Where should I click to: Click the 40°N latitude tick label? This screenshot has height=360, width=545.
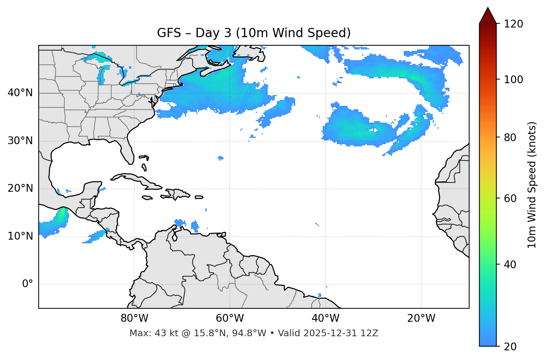pos(20,93)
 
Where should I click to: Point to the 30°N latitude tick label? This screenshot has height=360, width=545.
pos(20,141)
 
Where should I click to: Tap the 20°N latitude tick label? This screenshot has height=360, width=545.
pos(20,188)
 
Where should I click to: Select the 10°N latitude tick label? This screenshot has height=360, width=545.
pos(20,236)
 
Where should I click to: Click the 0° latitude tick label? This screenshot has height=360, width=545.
pos(28,284)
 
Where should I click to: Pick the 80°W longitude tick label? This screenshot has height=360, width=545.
pos(134,318)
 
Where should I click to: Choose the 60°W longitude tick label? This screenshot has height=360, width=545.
pos(230,318)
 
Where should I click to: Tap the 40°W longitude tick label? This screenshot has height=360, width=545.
pos(325,318)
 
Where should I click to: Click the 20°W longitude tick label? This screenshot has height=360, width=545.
pos(421,318)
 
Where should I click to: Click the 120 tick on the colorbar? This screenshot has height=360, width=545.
pos(513,24)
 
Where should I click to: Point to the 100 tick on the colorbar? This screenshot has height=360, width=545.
pos(513,80)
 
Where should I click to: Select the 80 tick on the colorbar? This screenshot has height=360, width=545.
pos(511,137)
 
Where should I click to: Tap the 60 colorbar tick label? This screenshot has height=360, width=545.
pos(511,198)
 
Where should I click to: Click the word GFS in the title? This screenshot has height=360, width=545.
pos(169,33)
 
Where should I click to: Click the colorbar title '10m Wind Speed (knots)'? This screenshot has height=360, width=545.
pos(532,185)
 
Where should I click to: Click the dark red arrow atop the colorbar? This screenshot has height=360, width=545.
pos(488,16)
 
